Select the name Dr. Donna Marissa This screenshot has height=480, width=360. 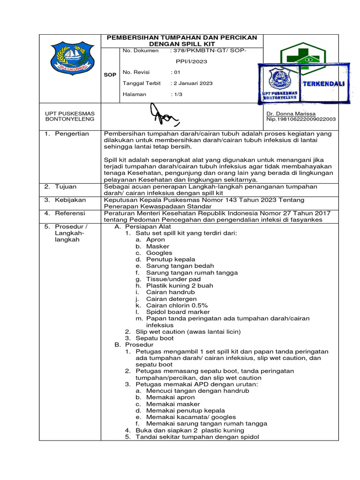pos(291,113)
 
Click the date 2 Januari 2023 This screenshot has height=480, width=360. pos(193,83)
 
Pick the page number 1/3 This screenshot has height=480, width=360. pos(177,94)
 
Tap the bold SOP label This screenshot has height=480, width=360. pos(110,75)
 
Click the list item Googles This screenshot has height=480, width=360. pos(159,253)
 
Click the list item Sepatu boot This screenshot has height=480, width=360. pos(154,338)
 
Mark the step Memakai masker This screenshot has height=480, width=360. pos(166,404)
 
